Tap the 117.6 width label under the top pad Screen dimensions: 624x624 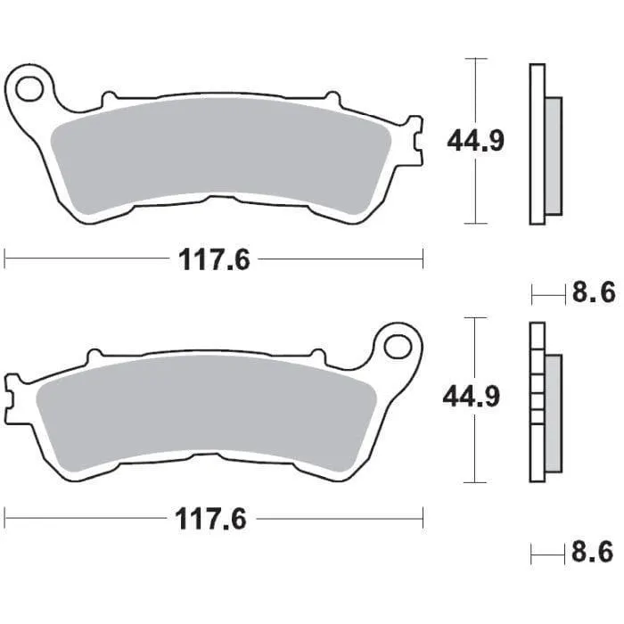pyautogui.click(x=215, y=260)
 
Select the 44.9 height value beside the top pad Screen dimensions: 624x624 pyautogui.click(x=476, y=141)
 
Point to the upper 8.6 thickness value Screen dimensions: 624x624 pyautogui.click(x=594, y=292)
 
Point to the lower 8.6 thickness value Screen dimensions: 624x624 pyautogui.click(x=594, y=553)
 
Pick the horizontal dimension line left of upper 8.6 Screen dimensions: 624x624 pyautogui.click(x=548, y=292)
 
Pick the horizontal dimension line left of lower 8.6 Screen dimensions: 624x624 pyautogui.click(x=548, y=553)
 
